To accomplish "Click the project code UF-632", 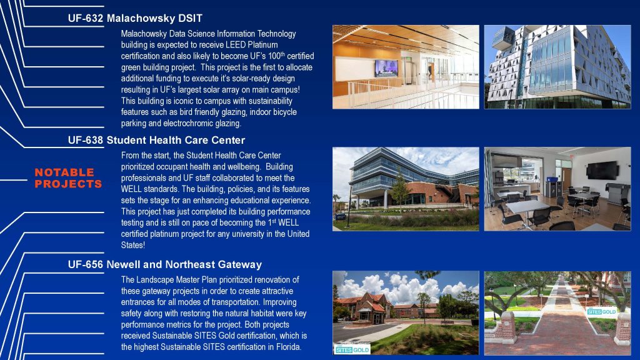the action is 85,18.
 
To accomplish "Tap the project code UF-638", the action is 85,141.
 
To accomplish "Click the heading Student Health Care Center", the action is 176,141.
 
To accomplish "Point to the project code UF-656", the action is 85,264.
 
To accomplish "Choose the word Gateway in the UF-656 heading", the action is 239,264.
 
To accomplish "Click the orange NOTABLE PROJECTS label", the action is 68,178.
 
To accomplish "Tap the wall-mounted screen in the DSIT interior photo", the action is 386,68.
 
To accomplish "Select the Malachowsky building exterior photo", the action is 557,67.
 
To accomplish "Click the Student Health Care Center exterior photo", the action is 406,189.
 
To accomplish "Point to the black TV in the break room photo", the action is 602,170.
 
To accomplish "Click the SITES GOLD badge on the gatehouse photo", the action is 352,350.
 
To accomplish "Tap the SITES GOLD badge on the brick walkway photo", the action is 602,311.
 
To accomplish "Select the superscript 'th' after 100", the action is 282,54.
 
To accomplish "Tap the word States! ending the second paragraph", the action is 133,245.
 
